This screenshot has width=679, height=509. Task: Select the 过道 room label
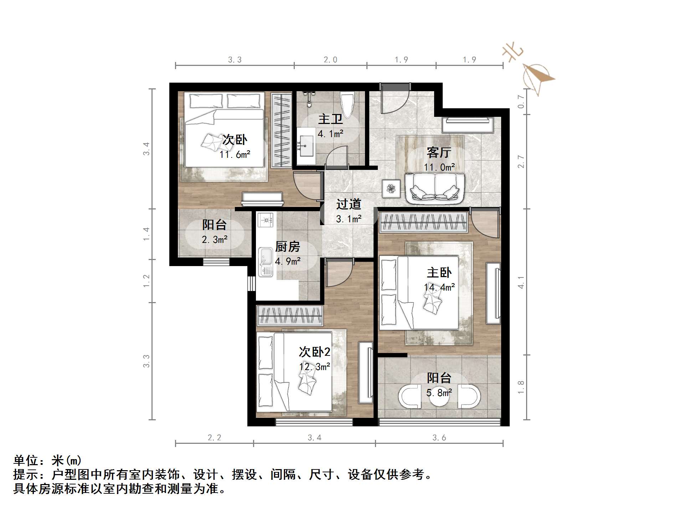tap(349, 204)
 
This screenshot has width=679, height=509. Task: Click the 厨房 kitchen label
tap(287, 246)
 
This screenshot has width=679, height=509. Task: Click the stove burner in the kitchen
tap(265, 220)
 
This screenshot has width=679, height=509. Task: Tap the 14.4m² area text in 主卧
tap(439, 287)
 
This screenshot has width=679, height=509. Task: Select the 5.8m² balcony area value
tap(439, 393)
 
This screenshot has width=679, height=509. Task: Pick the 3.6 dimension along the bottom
tap(439, 437)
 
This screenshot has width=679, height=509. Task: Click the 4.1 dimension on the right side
tap(521, 282)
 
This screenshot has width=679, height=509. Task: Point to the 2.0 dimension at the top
tap(330, 60)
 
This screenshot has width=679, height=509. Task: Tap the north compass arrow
tap(537, 77)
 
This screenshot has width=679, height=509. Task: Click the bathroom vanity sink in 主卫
tap(305, 145)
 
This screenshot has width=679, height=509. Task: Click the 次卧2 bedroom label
tap(314, 352)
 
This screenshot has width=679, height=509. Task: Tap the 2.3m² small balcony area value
tap(215, 240)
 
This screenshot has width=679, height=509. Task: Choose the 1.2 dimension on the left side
tap(146, 281)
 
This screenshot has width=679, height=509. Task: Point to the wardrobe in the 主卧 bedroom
tap(423, 222)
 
